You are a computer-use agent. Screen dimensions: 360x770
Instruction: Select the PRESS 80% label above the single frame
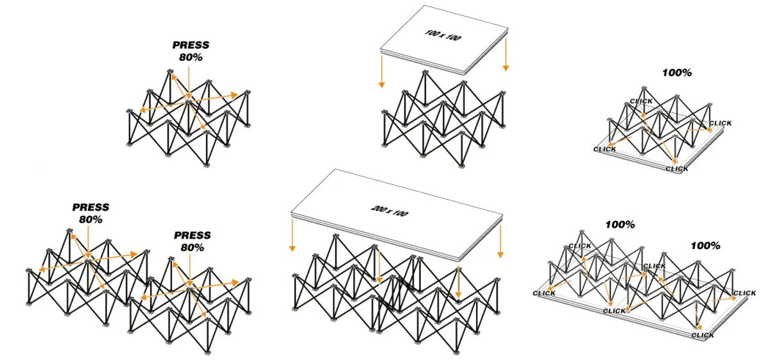tap(191, 51)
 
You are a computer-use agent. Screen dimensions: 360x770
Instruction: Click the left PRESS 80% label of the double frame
tap(90, 213)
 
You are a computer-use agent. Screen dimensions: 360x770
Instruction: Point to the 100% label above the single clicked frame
tap(677, 73)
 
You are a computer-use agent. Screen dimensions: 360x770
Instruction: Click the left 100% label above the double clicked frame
tap(620, 225)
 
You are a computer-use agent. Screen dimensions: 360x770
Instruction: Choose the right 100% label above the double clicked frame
tap(705, 245)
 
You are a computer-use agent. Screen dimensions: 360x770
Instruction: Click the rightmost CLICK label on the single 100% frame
tap(720, 123)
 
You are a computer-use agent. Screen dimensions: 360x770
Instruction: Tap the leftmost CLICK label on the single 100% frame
tap(604, 150)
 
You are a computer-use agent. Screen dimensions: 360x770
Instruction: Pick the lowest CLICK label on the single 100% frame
tap(676, 169)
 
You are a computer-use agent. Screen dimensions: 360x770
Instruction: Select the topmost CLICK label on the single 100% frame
tap(641, 101)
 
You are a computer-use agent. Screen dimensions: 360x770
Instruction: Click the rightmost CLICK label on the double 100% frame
tap(744, 293)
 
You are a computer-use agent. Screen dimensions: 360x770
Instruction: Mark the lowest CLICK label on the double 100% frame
tap(703, 335)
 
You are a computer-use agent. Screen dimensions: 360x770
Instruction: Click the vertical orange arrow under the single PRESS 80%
tap(190, 80)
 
